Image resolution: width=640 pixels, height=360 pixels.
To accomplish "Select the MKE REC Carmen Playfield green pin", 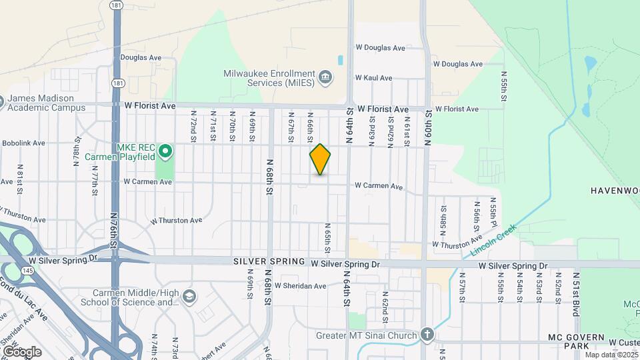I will pyautogui.click(x=164, y=152).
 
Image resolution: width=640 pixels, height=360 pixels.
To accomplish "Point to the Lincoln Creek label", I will pyautogui.click(x=493, y=241).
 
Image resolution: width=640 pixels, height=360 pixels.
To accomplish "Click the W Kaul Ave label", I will pyautogui.click(x=373, y=78).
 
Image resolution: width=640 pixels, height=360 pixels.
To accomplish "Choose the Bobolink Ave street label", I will pyautogui.click(x=23, y=143).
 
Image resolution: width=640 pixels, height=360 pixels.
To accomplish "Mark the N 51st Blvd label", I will pyautogui.click(x=576, y=293).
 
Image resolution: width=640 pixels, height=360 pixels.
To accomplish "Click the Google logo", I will pyautogui.click(x=22, y=351).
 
